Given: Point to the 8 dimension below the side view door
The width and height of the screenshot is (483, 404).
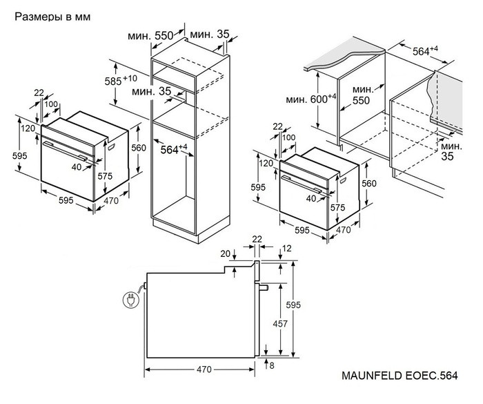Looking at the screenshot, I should point(273,365).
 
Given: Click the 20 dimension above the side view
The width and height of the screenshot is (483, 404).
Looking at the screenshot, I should point(226,253).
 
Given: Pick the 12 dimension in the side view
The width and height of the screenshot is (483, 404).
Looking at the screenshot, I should point(287,248).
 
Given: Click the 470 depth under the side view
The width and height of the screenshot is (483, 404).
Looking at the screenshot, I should point(203,369).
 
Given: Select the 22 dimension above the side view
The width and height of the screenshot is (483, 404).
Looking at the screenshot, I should point(257,239).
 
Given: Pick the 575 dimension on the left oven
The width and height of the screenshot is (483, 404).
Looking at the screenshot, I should point(104,177).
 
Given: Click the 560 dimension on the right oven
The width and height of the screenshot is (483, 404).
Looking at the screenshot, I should point(370,184).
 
